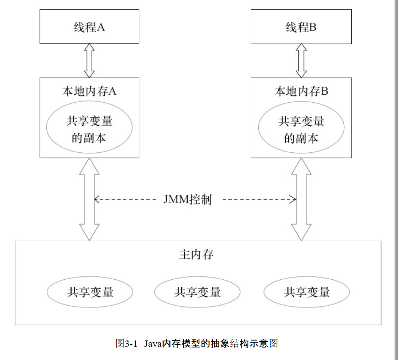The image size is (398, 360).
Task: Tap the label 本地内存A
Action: click(89, 91)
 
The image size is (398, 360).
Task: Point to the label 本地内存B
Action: click(301, 91)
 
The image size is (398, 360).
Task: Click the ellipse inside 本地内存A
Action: click(89, 129)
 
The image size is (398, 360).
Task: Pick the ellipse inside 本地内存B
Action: click(301, 129)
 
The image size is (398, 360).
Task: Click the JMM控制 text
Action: click(187, 200)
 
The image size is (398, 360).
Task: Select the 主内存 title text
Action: click(196, 255)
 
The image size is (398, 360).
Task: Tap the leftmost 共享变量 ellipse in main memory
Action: click(90, 292)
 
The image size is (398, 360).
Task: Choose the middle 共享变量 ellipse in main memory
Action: click(197, 292)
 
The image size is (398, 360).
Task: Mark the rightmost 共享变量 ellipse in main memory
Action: click(307, 292)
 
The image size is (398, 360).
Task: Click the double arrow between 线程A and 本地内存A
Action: click(89, 60)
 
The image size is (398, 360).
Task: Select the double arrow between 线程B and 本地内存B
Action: click(301, 60)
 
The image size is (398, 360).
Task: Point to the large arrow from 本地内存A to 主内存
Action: click(89, 200)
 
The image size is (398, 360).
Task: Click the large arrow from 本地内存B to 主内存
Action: click(301, 200)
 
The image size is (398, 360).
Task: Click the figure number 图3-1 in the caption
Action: click(127, 343)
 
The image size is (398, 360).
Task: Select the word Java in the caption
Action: click(152, 343)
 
